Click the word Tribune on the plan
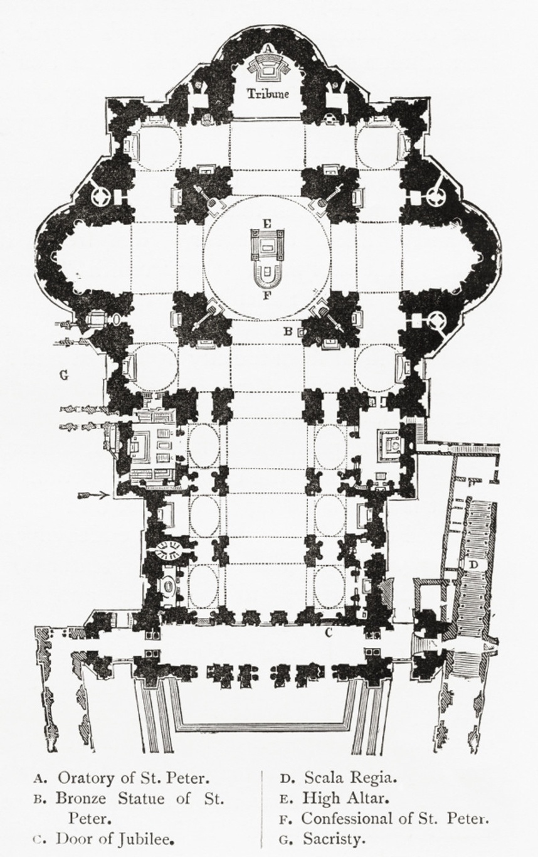(x=268, y=93)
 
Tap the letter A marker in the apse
(x=268, y=48)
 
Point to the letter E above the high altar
(x=267, y=224)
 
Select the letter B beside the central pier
(x=288, y=331)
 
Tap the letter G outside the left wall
(x=64, y=375)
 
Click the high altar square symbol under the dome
(x=268, y=245)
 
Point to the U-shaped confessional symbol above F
(x=268, y=274)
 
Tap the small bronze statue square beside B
(x=301, y=332)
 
